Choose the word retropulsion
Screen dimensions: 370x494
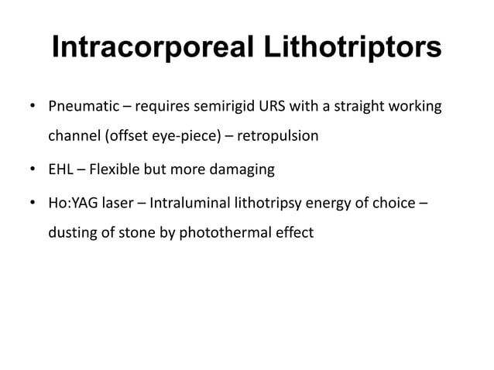click(277, 136)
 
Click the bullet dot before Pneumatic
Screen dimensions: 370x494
click(33, 106)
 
